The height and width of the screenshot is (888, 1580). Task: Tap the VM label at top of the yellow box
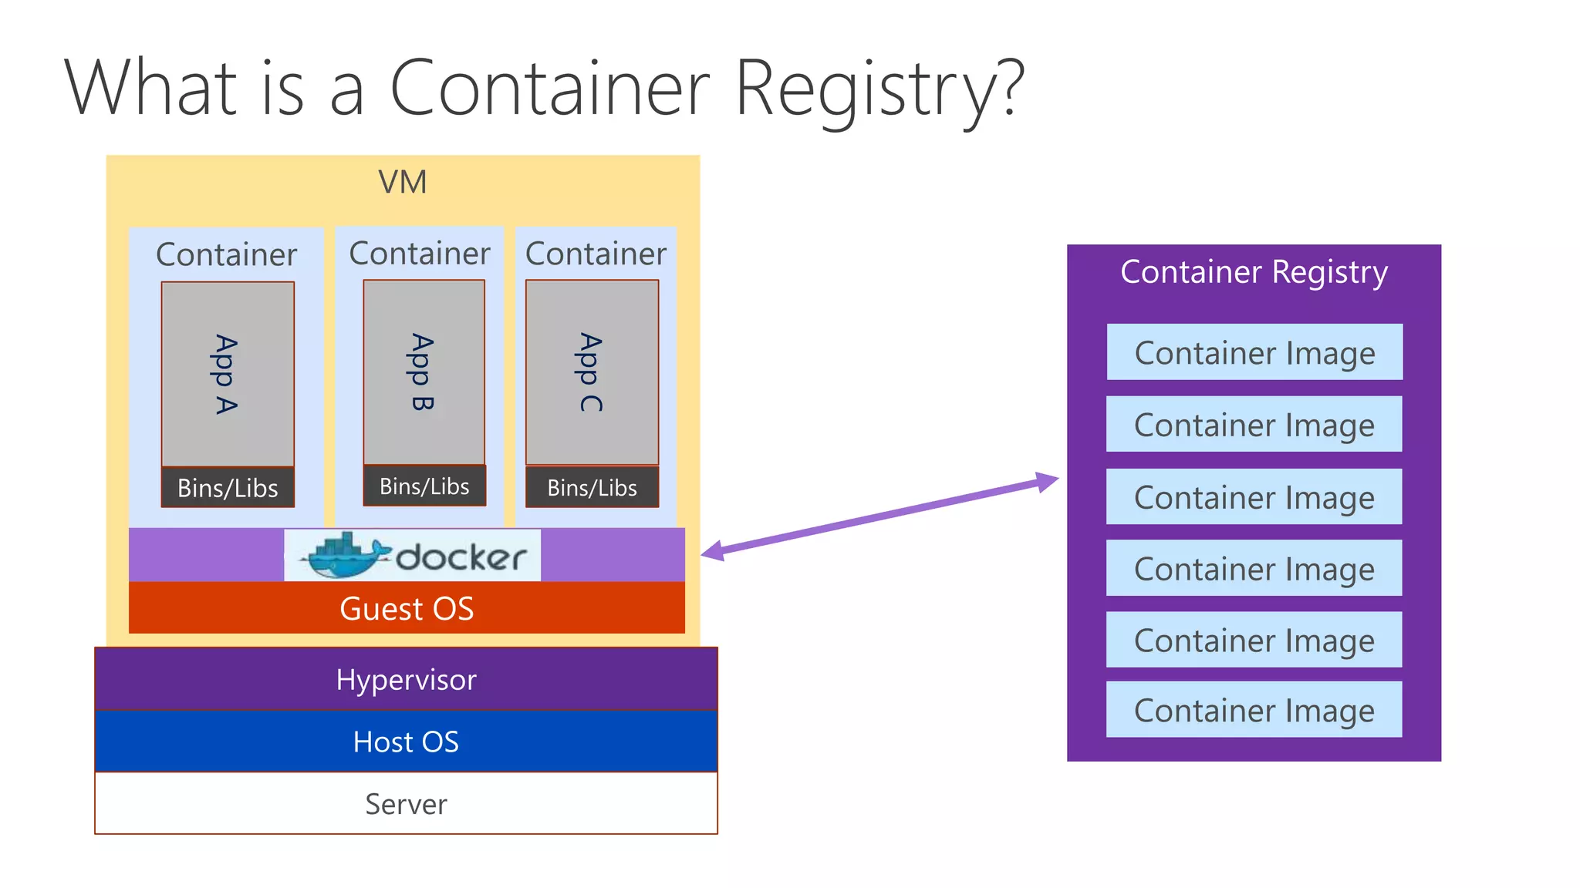[402, 183]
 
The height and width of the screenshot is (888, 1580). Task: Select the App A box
[228, 374]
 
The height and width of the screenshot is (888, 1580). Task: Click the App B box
[424, 372]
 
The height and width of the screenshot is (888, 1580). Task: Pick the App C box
[592, 372]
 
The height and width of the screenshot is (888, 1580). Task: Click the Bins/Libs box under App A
[228, 488]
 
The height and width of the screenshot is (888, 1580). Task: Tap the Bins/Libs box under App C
[592, 488]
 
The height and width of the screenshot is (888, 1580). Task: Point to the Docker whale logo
[343, 555]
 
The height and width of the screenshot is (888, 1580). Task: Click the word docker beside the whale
[461, 557]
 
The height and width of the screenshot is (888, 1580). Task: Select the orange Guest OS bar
[407, 608]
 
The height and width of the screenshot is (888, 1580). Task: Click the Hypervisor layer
[406, 679]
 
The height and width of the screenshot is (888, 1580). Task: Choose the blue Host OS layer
[406, 742]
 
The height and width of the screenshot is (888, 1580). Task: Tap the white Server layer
[406, 804]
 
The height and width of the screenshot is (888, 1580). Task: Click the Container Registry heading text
[1254, 272]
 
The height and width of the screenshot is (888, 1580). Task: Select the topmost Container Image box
[1254, 352]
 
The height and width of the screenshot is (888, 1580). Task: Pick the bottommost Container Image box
[1254, 710]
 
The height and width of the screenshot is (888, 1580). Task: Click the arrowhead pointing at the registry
[1047, 482]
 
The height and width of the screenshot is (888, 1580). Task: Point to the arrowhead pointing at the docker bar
[712, 551]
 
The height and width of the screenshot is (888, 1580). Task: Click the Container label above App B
[419, 254]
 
